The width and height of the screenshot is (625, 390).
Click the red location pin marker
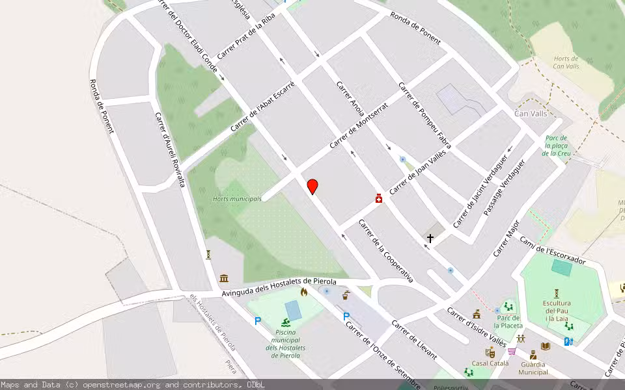pyautogui.click(x=312, y=187)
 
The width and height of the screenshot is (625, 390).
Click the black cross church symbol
pyautogui.click(x=430, y=239)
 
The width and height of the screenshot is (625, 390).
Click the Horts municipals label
pyautogui.click(x=237, y=199)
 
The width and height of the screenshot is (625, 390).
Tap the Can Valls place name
pyautogui.click(x=531, y=113)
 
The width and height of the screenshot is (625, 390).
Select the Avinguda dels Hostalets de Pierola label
pyautogui.click(x=279, y=287)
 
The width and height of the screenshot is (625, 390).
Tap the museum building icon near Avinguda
pyautogui.click(x=224, y=278)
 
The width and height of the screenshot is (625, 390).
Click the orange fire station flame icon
pyautogui.click(x=303, y=292)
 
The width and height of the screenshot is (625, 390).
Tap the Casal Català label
pyautogui.click(x=490, y=363)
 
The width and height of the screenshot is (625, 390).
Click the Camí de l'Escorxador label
pyautogui.click(x=552, y=250)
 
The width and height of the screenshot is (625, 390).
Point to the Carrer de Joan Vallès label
pyautogui.click(x=415, y=171)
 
